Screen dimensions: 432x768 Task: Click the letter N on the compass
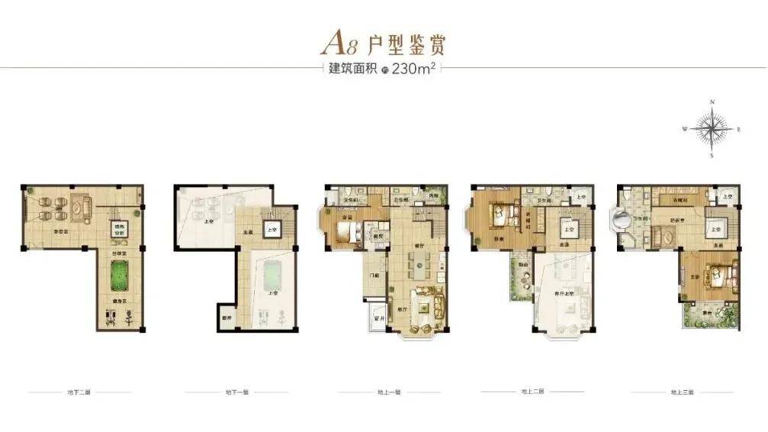712,102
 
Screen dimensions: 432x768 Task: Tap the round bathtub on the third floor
618,224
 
